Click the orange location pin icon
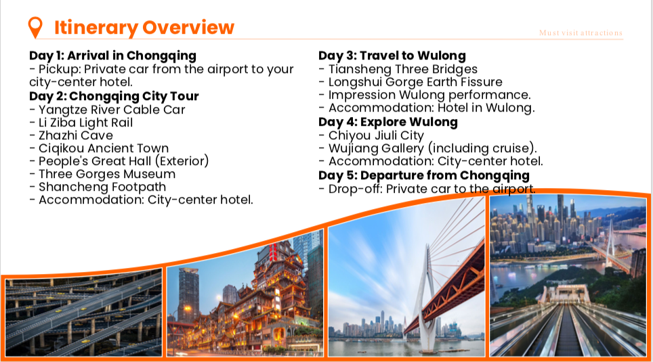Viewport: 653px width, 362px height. pos(35,27)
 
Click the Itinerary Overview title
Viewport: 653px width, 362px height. pos(144,28)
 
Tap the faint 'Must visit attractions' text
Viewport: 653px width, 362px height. pos(581,32)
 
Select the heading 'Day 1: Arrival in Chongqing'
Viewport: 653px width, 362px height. pos(112,55)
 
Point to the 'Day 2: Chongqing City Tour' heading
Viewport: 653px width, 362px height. pos(114,96)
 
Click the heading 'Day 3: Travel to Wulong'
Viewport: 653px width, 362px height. pos(392,55)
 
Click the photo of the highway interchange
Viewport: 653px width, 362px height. pos(83,312)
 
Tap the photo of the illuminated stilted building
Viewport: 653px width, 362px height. pos(245,298)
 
